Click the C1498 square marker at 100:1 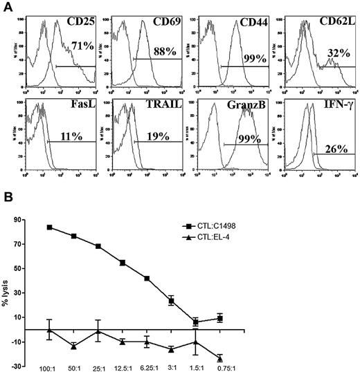click(48, 227)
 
